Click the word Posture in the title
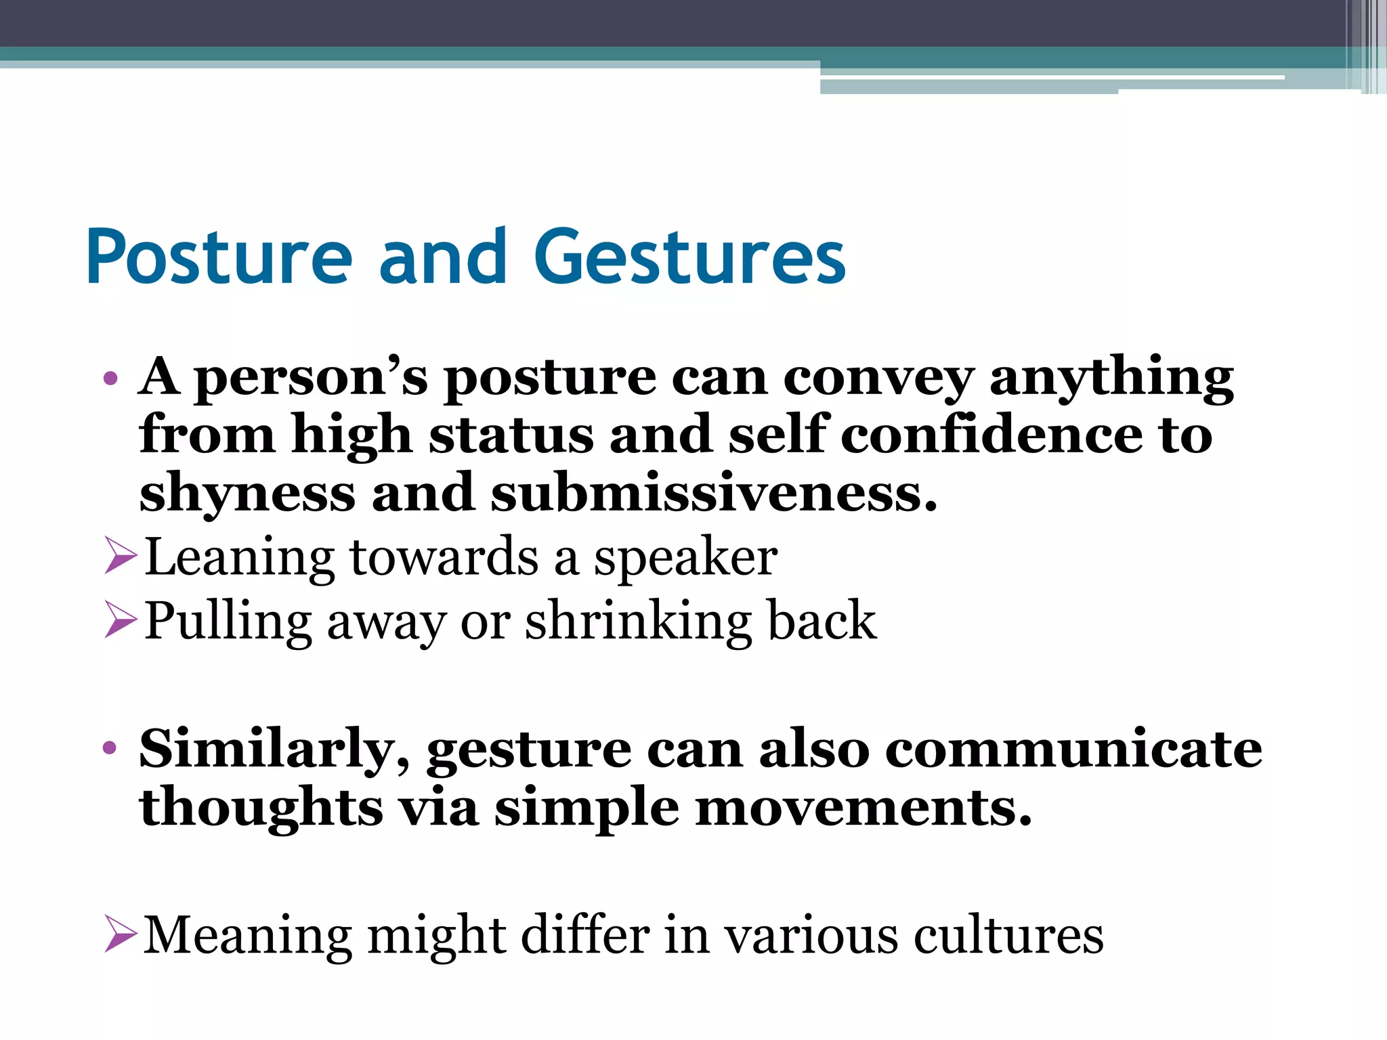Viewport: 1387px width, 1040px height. pos(219,258)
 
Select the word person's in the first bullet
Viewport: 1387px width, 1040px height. pos(312,377)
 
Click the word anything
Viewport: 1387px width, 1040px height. pos(1111,377)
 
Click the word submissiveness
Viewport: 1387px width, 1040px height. pos(714,493)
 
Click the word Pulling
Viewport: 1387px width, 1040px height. pos(228,621)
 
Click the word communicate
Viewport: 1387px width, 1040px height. pos(1073,749)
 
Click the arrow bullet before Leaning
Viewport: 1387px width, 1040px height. pos(121,556)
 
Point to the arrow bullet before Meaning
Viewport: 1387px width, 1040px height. pos(121,934)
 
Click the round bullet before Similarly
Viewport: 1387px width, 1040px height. pos(110,749)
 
